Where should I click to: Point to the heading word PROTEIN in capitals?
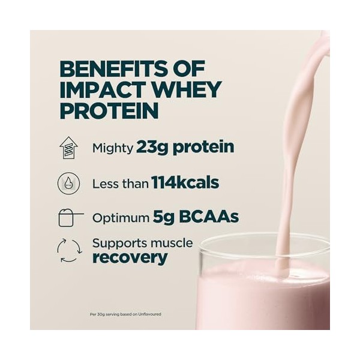click(109, 110)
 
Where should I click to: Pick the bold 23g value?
click(152, 147)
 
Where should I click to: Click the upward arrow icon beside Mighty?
click(68, 148)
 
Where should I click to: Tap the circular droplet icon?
click(68, 183)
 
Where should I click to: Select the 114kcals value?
click(185, 183)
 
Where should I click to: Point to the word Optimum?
click(121, 218)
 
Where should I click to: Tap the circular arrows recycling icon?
click(68, 251)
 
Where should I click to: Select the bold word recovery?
click(130, 259)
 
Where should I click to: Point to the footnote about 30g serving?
click(125, 314)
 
